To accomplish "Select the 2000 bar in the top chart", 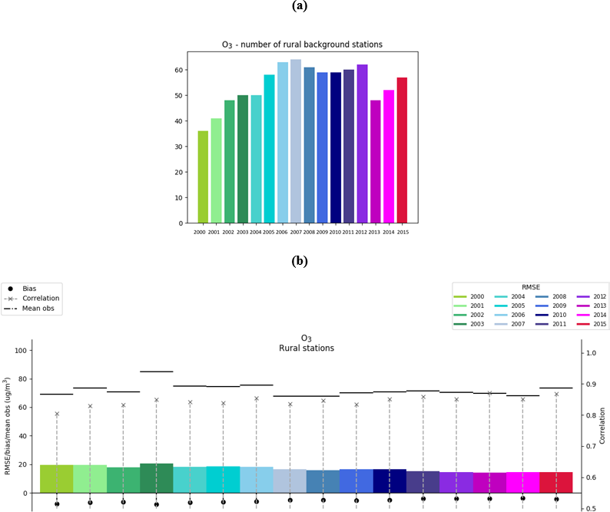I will point(203,177).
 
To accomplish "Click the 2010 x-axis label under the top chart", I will point(335,231).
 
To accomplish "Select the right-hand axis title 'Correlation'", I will point(603,423).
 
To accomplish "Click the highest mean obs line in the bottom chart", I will point(156,372).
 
